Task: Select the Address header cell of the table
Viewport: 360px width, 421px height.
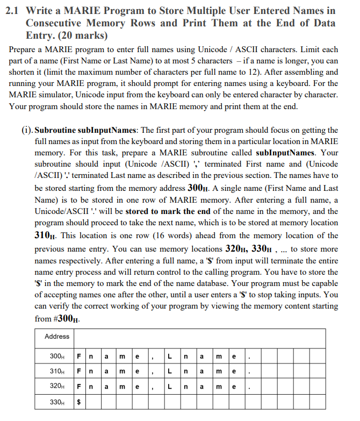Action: coord(57,337)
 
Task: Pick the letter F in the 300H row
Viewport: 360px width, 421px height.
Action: coord(80,356)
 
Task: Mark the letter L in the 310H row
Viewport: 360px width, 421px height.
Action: coord(170,370)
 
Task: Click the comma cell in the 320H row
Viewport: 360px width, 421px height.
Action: coord(155,386)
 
